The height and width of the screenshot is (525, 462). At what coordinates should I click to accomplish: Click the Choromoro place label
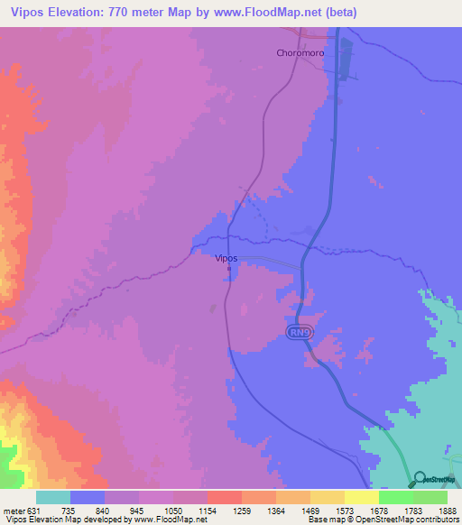[300, 52]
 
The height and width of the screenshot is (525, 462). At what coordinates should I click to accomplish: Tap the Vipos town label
[226, 258]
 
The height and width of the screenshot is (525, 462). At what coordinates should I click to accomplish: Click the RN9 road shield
[300, 334]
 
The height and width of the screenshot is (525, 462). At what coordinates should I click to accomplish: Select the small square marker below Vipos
[229, 268]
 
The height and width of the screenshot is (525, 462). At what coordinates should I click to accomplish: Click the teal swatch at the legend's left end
[53, 497]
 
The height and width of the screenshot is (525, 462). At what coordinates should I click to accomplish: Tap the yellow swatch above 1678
[361, 497]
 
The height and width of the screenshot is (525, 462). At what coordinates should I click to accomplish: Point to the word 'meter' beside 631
[15, 510]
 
